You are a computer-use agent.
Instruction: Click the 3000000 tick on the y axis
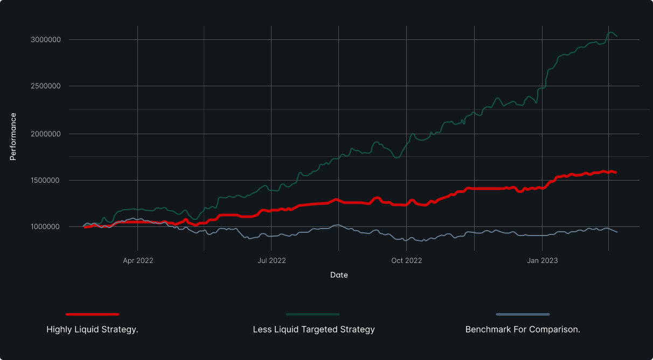[x=45, y=40]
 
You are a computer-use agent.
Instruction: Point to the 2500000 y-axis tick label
[x=45, y=86]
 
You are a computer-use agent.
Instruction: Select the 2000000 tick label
[x=45, y=134]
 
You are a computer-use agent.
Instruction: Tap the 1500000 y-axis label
[x=45, y=181]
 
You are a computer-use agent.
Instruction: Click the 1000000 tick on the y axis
[x=45, y=227]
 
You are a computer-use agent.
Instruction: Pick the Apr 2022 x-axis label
[x=138, y=261]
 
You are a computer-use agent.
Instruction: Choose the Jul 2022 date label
[x=272, y=261]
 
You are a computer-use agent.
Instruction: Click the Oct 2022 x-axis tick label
[x=407, y=261]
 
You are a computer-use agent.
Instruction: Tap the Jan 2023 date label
[x=543, y=261]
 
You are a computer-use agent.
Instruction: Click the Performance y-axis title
[x=13, y=136]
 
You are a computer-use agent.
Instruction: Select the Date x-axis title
[x=339, y=275]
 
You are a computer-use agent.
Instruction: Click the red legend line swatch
[x=92, y=314]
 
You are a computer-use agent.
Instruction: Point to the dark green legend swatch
[x=312, y=314]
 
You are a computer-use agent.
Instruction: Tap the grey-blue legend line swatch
[x=523, y=314]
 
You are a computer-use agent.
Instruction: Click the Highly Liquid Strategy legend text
[x=92, y=329]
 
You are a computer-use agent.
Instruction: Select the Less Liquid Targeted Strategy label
[x=314, y=329]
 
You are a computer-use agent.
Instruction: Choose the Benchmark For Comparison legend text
[x=523, y=329]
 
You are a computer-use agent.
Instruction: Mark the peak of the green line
[x=610, y=33]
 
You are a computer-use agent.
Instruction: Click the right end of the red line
[x=616, y=172]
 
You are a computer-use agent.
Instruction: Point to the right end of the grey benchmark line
[x=617, y=232]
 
